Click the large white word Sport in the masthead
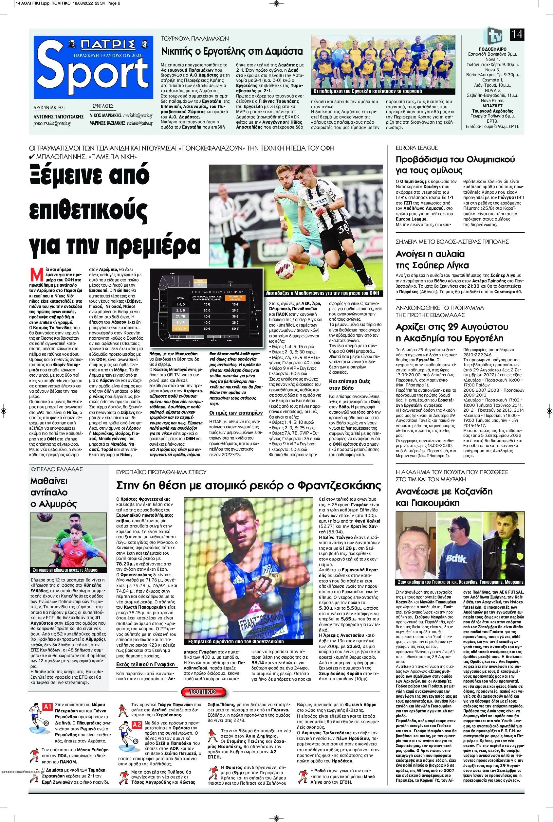click(x=93, y=71)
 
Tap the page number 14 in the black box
click(x=516, y=35)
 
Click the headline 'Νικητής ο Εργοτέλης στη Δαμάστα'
click(x=232, y=51)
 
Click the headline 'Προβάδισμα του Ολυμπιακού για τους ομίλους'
click(x=455, y=165)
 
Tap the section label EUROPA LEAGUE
click(x=416, y=148)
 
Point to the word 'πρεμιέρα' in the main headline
click(x=152, y=244)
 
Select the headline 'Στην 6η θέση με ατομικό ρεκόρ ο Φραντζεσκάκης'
click(x=249, y=485)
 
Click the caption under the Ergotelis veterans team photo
click(x=368, y=91)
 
